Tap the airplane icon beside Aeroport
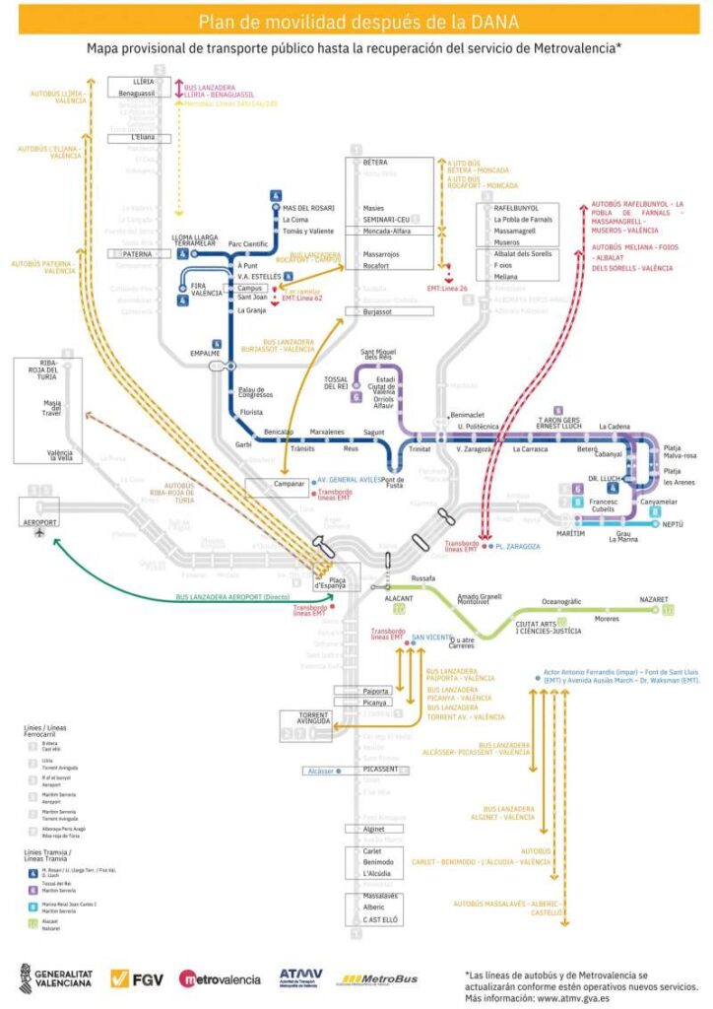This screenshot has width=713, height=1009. (39, 533)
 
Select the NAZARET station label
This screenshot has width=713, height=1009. (653, 599)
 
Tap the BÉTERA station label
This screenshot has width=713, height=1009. (375, 162)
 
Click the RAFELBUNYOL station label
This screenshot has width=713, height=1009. (516, 208)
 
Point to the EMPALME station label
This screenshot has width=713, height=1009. (205, 353)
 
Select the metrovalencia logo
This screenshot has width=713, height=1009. (220, 978)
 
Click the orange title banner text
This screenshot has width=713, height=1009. (356, 22)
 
